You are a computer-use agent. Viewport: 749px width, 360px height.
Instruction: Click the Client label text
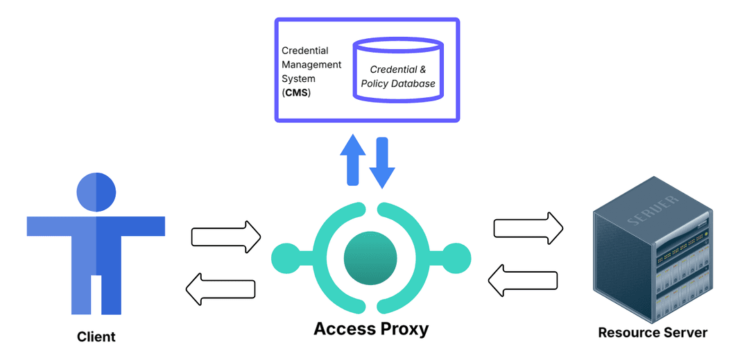(96, 337)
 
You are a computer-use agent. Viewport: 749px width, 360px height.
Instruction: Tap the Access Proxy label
(371, 328)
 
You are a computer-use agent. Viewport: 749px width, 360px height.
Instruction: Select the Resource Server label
(653, 332)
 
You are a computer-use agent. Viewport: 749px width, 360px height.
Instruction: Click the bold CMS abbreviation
(298, 93)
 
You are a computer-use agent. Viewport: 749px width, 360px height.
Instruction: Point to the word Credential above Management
(305, 51)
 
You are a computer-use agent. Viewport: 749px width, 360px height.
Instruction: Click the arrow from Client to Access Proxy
(225, 237)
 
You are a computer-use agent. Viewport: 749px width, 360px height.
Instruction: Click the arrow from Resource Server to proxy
(523, 280)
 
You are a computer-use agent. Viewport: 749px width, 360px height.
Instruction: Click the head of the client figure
(96, 191)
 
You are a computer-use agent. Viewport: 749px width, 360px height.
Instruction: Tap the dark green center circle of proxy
(370, 258)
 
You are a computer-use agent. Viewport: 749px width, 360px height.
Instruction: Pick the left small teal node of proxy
(285, 258)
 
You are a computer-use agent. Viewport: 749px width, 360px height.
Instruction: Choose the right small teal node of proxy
(456, 258)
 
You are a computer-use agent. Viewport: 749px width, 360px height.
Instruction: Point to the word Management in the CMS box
(311, 65)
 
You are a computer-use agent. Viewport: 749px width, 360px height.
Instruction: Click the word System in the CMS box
(298, 79)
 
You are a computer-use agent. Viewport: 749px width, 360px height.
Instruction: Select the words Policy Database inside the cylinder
(398, 84)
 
